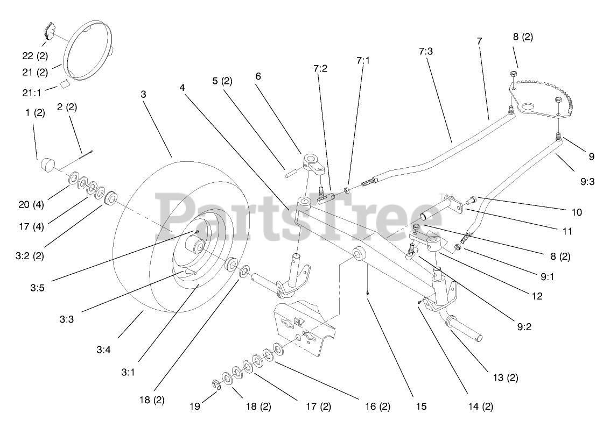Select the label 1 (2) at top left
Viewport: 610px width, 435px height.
tap(34, 113)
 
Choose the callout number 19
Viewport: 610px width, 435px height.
tap(195, 407)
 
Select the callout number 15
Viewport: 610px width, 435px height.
tap(421, 407)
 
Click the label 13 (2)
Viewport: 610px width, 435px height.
tap(505, 377)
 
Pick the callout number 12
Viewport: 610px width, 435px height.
tap(536, 295)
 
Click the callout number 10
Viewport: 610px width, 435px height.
tap(577, 212)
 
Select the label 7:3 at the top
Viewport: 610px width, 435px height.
tap(425, 51)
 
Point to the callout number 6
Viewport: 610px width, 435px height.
tap(258, 76)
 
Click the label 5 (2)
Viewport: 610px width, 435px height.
tap(222, 81)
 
